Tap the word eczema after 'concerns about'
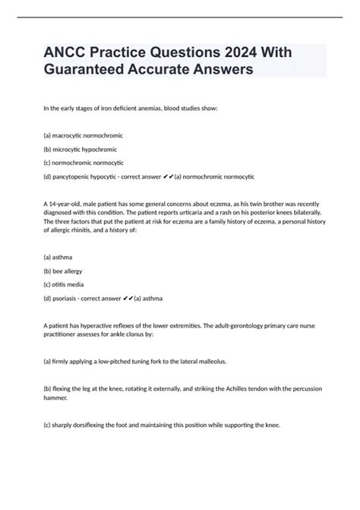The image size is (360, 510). tap(207, 207)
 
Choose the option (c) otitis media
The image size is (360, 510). tap(66, 284)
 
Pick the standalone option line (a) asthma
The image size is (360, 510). tap(61, 256)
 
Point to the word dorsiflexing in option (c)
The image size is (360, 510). tap(101, 426)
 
